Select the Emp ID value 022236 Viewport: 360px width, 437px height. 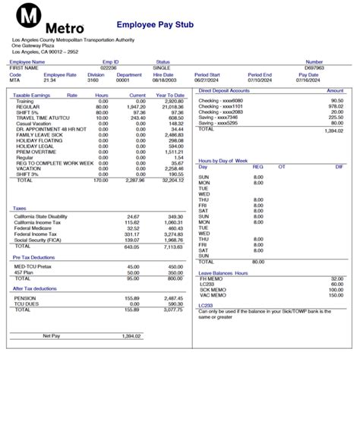click(109, 68)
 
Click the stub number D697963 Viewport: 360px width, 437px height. click(314, 68)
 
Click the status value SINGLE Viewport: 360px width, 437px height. click(163, 68)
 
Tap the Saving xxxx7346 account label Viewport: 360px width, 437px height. click(218, 118)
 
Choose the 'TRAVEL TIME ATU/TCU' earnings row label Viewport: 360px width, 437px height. click(43, 118)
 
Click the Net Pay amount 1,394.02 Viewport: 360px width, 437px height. click(132, 335)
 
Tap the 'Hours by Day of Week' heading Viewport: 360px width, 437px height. click(223, 161)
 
